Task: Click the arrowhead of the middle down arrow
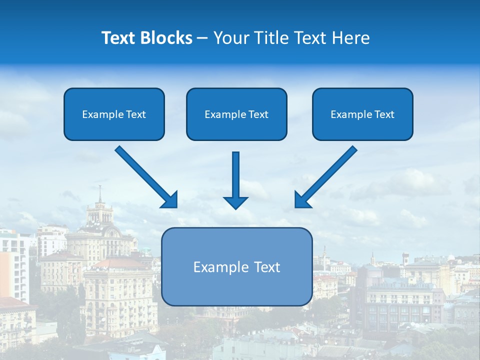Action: (235, 202)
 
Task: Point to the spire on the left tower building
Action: (100, 194)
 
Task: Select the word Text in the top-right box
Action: (384, 114)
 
